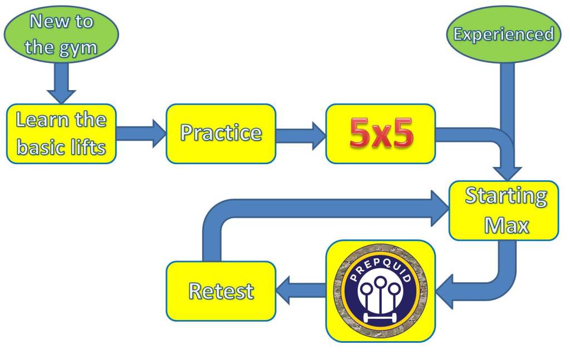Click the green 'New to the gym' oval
61,34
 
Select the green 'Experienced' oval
503,34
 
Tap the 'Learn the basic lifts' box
61,134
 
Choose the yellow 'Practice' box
220,134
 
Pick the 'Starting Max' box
505,210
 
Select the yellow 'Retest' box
220,291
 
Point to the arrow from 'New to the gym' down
61,82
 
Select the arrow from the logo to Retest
301,291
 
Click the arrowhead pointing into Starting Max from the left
440,208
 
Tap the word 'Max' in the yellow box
506,225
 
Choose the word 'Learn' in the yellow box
41,120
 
